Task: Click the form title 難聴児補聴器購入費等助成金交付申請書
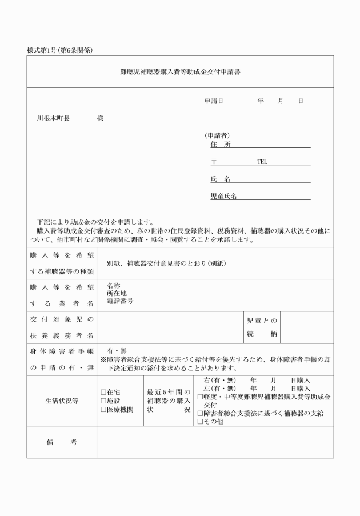tap(180, 72)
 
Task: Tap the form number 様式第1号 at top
tap(43, 50)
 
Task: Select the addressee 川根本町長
tap(53, 118)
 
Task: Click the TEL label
tap(262, 162)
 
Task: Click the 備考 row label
tap(62, 442)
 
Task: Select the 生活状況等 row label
tap(62, 401)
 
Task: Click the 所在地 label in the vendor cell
tap(116, 293)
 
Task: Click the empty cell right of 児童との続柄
tap(307, 327)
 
